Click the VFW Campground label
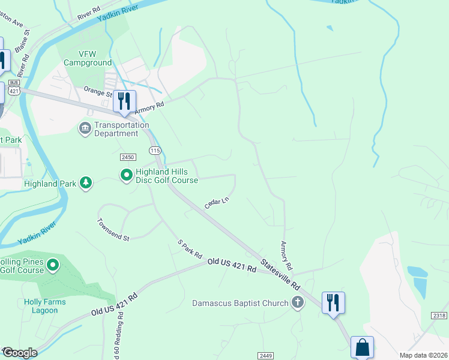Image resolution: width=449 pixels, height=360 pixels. click(x=88, y=58)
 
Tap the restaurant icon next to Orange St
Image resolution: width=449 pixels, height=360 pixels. click(x=124, y=101)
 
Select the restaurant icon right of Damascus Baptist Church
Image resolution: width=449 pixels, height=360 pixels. click(x=333, y=302)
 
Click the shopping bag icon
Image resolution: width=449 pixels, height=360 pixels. click(x=362, y=347)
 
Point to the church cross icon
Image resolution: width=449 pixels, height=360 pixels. click(x=298, y=303)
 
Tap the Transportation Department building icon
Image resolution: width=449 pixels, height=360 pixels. click(x=85, y=128)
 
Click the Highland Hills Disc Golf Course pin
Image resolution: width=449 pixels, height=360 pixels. click(x=126, y=175)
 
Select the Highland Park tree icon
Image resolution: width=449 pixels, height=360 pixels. click(x=86, y=183)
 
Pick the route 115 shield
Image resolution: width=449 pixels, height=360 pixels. click(x=155, y=150)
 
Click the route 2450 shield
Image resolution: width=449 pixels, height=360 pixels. click(x=127, y=157)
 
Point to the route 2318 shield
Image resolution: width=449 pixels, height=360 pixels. click(x=439, y=315)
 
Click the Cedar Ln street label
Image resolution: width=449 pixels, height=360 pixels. click(x=217, y=203)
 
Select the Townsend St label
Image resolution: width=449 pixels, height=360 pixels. click(x=113, y=229)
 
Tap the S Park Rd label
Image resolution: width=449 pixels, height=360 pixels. click(x=190, y=248)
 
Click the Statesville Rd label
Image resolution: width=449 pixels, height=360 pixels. click(x=280, y=274)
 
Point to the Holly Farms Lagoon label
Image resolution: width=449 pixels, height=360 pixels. click(x=41, y=306)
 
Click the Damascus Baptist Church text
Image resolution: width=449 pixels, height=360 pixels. click(x=240, y=303)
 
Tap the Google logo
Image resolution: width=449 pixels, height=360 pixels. click(x=20, y=353)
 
